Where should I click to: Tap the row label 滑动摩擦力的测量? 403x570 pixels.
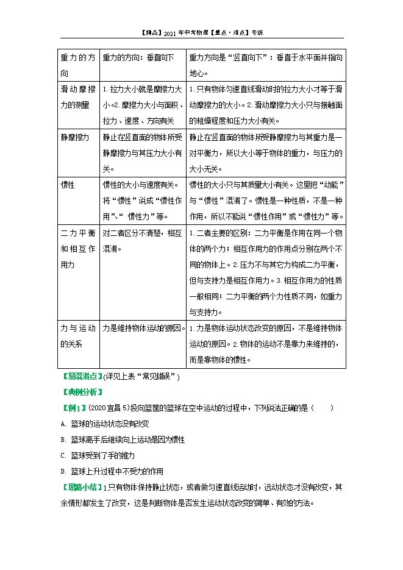[x=77, y=97]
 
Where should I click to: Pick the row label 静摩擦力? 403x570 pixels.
[x=75, y=137]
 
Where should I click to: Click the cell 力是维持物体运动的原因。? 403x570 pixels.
[x=143, y=328]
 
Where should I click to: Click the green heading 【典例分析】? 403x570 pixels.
[x=81, y=392]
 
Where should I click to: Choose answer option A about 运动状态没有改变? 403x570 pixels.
[x=110, y=424]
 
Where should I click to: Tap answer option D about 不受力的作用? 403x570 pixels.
[x=112, y=471]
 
